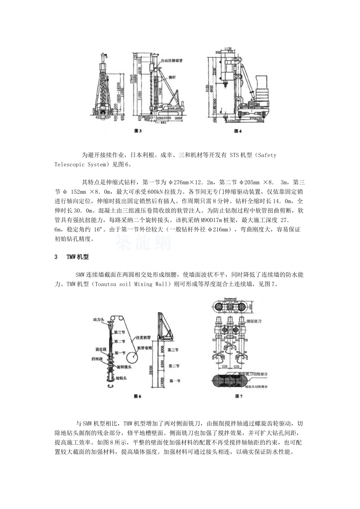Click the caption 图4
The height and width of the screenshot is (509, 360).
coord(238,131)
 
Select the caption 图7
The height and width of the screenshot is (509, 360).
coord(238,397)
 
